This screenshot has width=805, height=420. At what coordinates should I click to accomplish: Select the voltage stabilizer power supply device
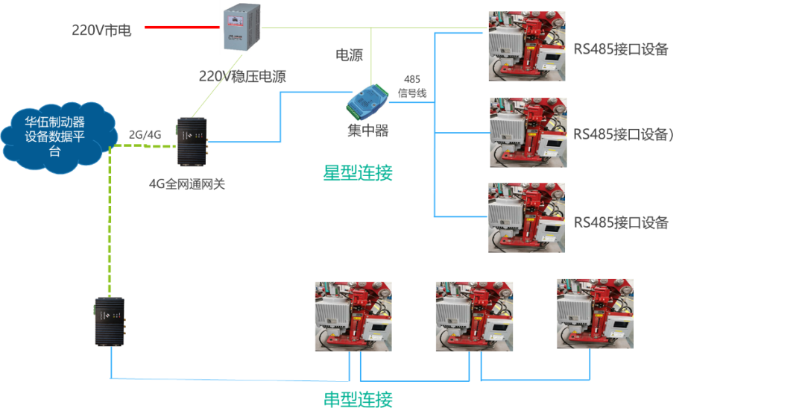click(x=241, y=28)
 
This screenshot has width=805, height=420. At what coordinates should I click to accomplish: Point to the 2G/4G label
click(x=145, y=135)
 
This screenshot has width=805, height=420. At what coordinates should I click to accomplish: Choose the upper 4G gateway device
click(x=191, y=142)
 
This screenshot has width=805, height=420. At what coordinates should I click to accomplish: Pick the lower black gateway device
click(x=110, y=322)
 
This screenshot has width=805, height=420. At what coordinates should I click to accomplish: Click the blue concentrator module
click(x=367, y=101)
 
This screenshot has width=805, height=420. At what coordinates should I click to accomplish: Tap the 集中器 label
click(x=367, y=131)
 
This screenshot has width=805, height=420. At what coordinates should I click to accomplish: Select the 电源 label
click(x=350, y=55)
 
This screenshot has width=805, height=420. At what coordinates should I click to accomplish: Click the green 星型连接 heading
click(x=358, y=172)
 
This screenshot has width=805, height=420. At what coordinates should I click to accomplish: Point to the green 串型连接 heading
click(x=358, y=400)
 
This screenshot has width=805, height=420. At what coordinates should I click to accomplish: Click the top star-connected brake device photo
click(x=526, y=46)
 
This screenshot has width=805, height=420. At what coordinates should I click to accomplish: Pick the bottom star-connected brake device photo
click(x=526, y=218)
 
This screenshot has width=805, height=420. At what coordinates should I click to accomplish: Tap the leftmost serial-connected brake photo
click(x=353, y=316)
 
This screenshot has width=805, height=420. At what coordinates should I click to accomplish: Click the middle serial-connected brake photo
click(x=474, y=316)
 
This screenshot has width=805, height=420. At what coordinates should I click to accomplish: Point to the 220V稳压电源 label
click(x=243, y=76)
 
